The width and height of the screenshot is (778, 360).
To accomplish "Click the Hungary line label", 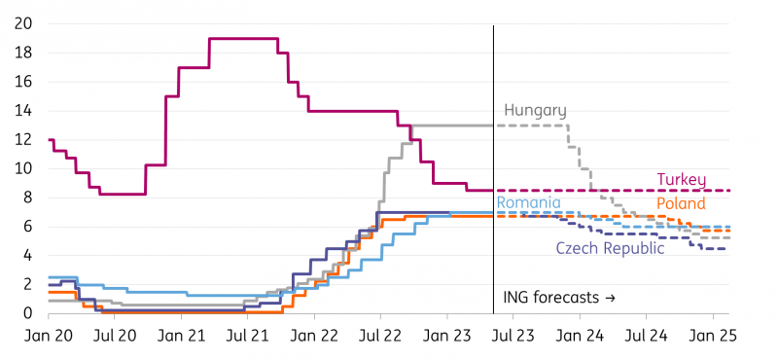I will point(535,111).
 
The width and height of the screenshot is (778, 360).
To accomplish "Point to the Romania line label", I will point(528,203).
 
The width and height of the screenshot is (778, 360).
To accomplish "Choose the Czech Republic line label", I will point(610,248).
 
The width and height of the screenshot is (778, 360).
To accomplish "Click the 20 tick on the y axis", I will point(26,23).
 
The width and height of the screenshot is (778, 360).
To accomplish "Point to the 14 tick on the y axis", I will point(26,111).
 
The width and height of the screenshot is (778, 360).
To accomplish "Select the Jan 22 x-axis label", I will point(314,335).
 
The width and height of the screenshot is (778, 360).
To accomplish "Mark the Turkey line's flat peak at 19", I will point(243,39).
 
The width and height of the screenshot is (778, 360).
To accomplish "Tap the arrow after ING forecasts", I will point(610,297).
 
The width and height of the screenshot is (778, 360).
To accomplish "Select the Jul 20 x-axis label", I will point(115,335).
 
